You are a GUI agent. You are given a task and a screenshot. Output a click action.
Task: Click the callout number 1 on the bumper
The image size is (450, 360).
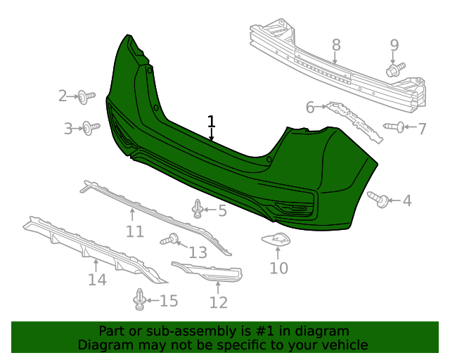[x=211, y=122]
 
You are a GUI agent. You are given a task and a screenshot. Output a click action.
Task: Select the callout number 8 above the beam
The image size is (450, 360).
[x=336, y=45]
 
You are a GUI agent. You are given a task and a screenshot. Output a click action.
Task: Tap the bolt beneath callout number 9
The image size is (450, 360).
[x=394, y=70]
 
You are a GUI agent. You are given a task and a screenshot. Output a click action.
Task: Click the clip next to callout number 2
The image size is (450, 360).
[x=86, y=96]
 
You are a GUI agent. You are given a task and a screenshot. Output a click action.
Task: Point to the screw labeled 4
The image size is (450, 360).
[x=379, y=200]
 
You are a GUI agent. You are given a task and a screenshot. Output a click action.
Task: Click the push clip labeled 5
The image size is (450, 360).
[x=198, y=209]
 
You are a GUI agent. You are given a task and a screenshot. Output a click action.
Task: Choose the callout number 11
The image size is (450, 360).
[x=134, y=231]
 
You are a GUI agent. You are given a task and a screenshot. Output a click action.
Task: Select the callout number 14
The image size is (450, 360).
[x=97, y=280]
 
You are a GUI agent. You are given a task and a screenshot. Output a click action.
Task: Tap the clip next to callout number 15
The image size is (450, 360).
[x=139, y=300]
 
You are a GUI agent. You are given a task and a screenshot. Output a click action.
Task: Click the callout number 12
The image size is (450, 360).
[x=219, y=302]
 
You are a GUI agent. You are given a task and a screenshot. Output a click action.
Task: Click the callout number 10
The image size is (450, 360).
[x=279, y=268]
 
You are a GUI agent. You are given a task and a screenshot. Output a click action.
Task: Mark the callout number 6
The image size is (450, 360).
[x=310, y=108]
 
